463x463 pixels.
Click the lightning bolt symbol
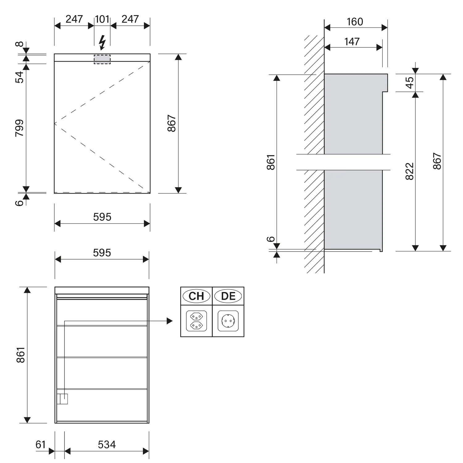click(x=102, y=43)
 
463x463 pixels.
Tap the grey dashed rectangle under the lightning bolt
click(x=102, y=59)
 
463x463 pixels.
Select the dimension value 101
click(x=102, y=19)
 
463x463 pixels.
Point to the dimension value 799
click(x=19, y=128)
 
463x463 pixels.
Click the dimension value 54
click(x=19, y=77)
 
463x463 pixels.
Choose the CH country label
click(x=196, y=296)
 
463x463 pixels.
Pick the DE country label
click(x=228, y=296)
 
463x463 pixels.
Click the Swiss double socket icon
click(x=197, y=321)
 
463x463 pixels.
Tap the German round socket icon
click(x=228, y=321)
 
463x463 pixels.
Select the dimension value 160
click(x=355, y=22)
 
